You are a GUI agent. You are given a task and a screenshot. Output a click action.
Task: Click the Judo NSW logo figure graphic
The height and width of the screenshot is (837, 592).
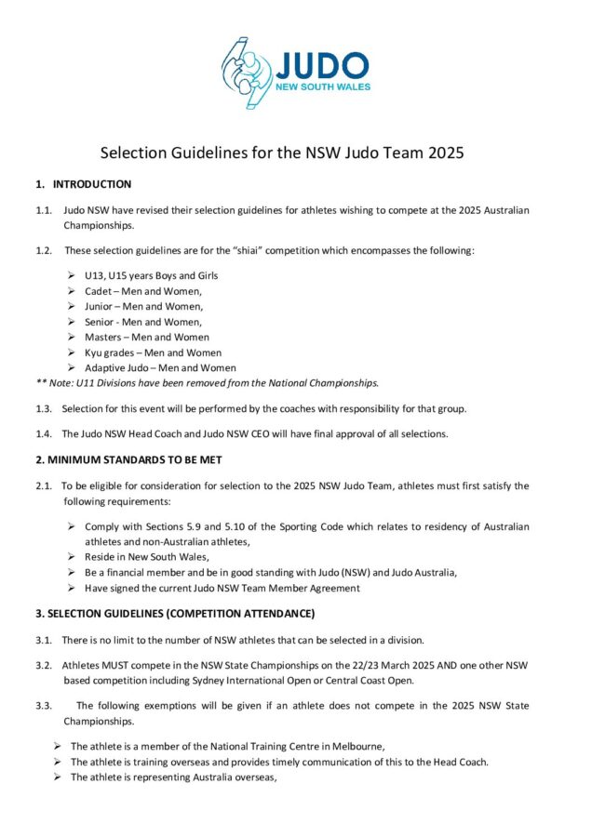pyautogui.click(x=245, y=72)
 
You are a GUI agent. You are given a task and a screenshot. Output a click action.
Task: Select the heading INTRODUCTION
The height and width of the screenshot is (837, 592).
pyautogui.click(x=91, y=184)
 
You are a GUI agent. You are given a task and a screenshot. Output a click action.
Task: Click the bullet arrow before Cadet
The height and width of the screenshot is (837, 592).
pyautogui.click(x=73, y=291)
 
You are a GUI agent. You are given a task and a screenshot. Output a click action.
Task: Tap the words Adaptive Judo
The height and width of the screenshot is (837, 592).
pyautogui.click(x=117, y=367)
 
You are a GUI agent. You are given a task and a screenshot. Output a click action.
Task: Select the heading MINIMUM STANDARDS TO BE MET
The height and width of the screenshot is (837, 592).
pyautogui.click(x=128, y=460)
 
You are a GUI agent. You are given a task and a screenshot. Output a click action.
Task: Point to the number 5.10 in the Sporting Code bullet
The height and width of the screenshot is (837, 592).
pyautogui.click(x=209, y=526)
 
